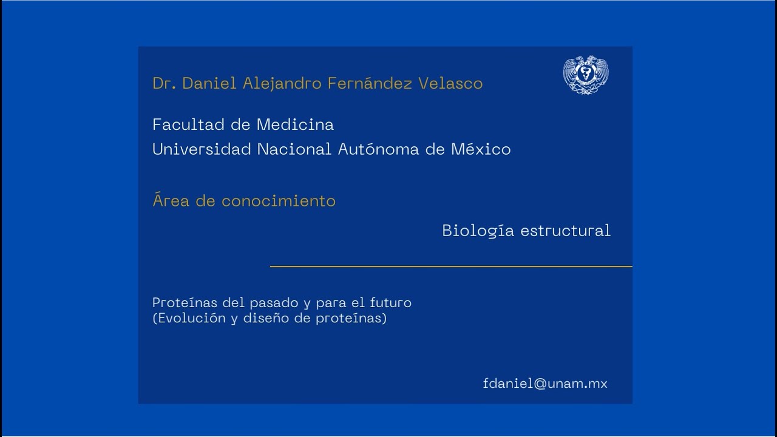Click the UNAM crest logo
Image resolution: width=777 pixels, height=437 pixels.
[586, 75]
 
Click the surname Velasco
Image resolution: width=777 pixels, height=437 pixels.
[450, 83]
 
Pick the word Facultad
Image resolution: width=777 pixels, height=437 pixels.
[189, 124]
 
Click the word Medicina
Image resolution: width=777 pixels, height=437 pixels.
[295, 124]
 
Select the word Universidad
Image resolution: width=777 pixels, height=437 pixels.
[202, 149]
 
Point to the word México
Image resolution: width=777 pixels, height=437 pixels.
[481, 149]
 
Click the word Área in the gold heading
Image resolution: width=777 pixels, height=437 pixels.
[171, 200]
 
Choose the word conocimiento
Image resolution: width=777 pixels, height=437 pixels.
[278, 201]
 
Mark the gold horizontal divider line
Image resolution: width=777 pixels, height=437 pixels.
[450, 266]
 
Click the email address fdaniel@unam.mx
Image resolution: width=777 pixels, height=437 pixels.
[545, 384]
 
